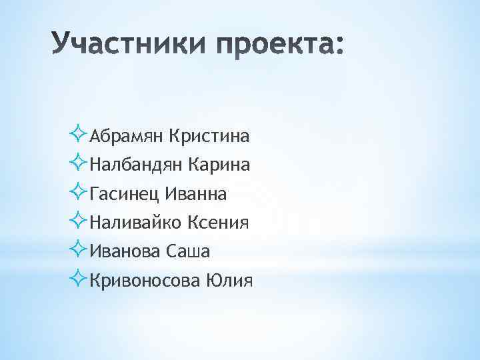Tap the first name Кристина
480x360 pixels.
(209, 137)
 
